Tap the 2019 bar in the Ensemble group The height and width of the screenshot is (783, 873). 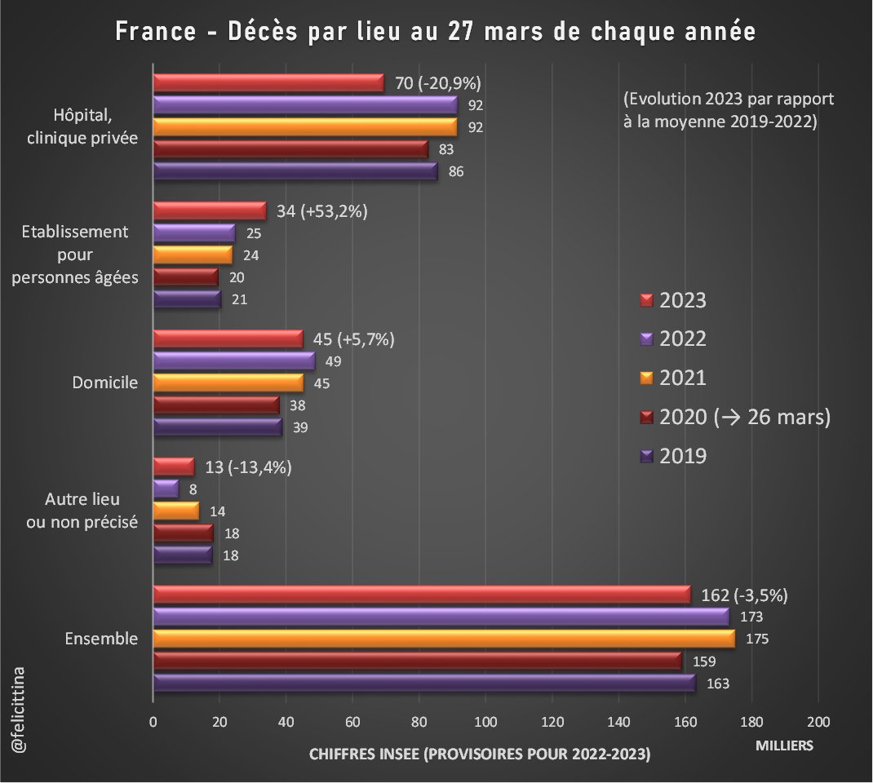[x=423, y=683]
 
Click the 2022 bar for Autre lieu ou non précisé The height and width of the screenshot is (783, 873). [x=166, y=489]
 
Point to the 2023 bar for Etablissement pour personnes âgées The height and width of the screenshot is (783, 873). [x=209, y=210]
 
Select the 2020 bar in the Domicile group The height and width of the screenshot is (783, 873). [x=216, y=405]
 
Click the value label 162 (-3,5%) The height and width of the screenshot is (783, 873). [x=744, y=594]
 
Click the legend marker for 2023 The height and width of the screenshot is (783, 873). [x=646, y=300]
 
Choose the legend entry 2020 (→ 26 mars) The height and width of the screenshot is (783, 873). [x=744, y=417]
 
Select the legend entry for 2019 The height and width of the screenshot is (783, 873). [x=683, y=456]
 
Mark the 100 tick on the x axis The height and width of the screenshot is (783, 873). [x=485, y=721]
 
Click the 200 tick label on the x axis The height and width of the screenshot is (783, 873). [x=818, y=721]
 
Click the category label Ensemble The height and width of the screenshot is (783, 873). [x=101, y=638]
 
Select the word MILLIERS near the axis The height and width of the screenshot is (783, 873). [x=784, y=745]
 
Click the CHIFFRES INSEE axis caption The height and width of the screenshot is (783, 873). [x=479, y=755]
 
